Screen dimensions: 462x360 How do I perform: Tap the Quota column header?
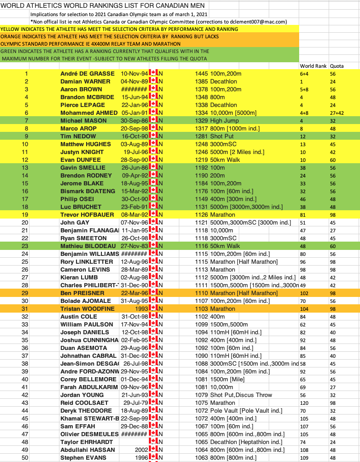[336, 65]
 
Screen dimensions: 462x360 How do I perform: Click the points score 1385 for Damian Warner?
[202, 81]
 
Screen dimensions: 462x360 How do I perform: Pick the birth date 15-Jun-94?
[135, 97]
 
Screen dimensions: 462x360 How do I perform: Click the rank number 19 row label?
[26, 214]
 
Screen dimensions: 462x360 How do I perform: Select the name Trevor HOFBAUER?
[86, 214]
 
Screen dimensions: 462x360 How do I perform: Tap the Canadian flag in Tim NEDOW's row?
[154, 136]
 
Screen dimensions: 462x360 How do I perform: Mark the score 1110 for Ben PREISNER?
[202, 293]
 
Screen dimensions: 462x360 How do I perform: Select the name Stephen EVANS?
[83, 458]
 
